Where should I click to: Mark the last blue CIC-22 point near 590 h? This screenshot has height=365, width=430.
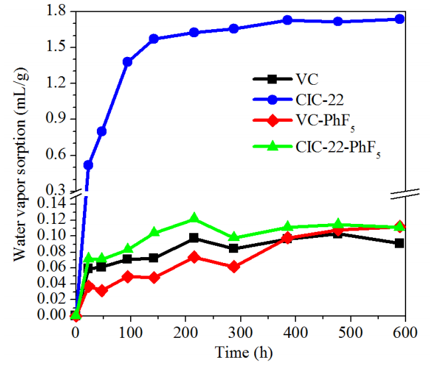click(399, 19)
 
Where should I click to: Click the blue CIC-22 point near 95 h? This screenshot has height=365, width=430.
click(127, 62)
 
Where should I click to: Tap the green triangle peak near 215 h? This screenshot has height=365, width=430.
click(194, 219)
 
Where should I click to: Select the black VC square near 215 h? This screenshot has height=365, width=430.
click(194, 238)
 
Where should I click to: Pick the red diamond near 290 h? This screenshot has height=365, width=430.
click(233, 266)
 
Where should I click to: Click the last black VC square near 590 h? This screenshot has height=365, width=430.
click(399, 243)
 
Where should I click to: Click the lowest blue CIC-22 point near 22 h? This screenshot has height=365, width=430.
click(88, 164)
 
